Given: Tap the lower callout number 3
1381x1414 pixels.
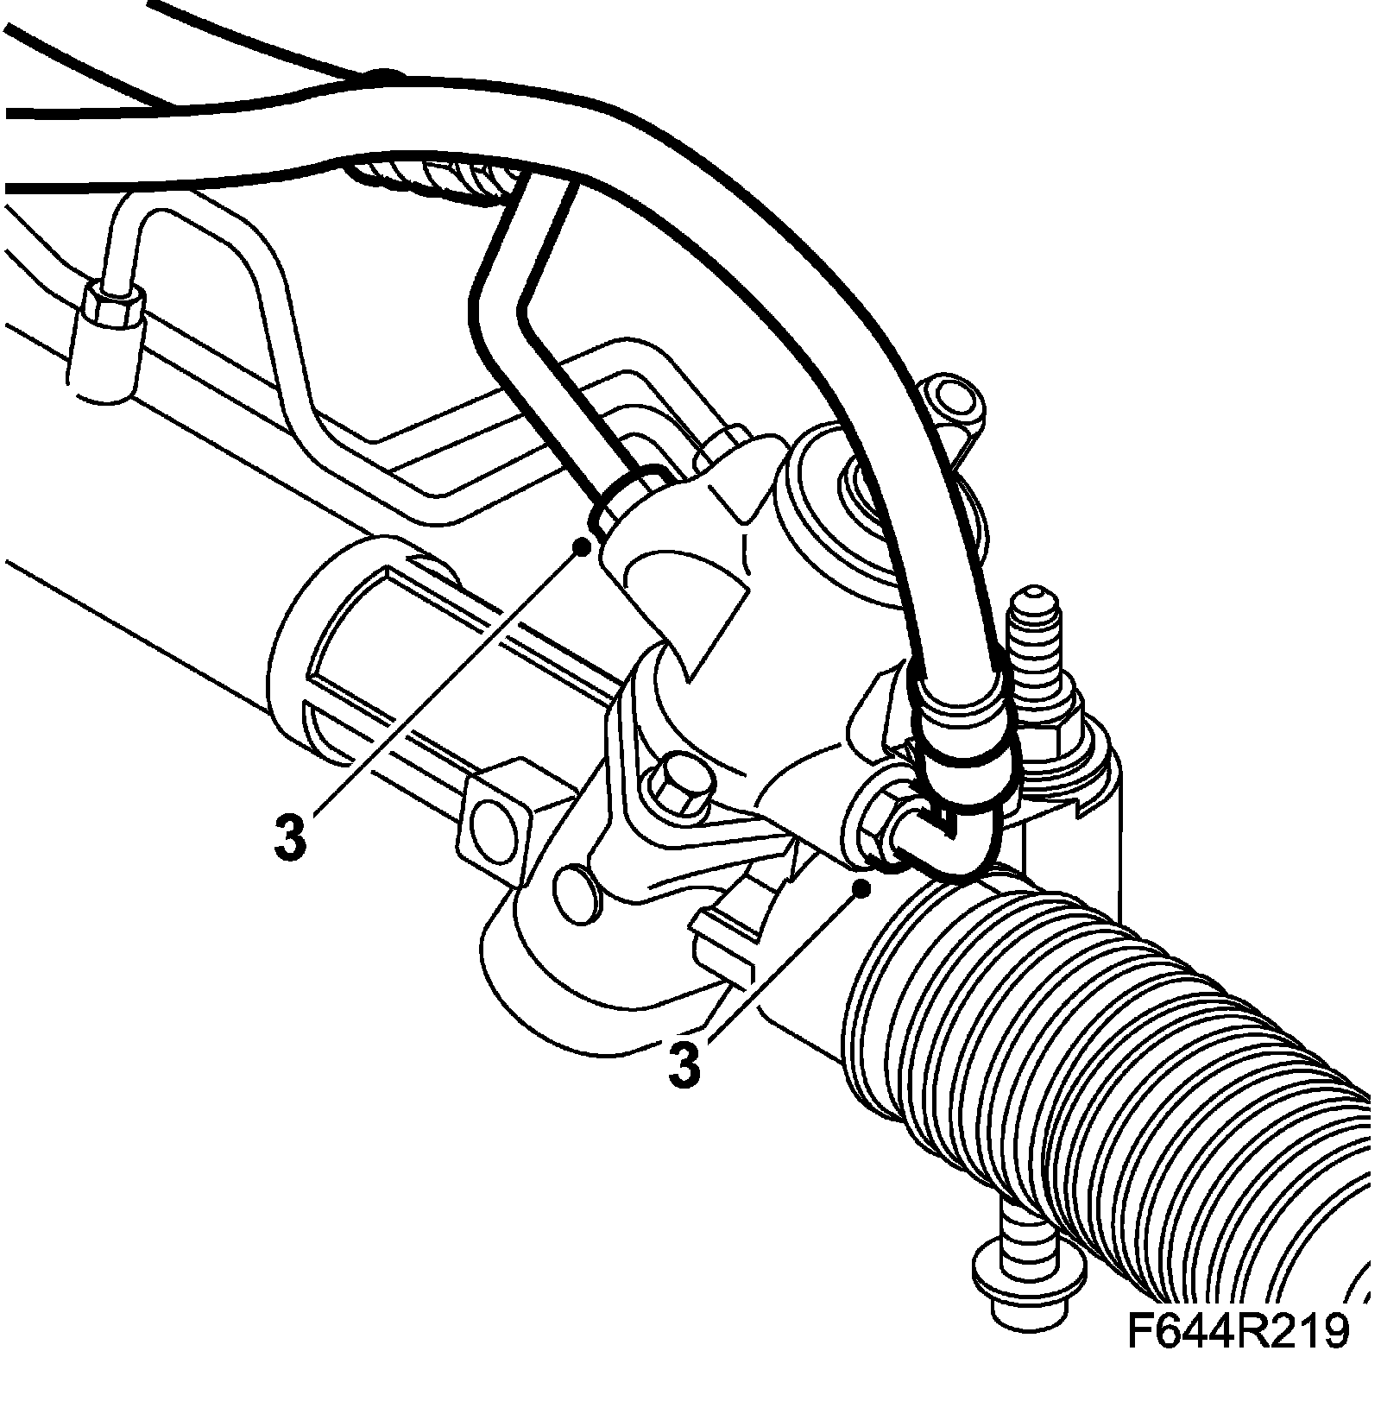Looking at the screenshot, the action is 684,1065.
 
